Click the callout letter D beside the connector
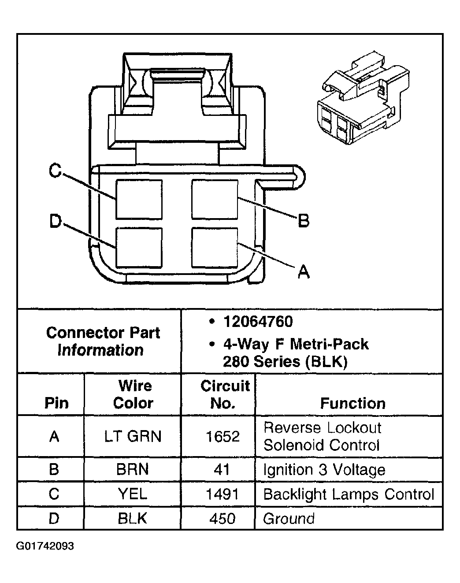(x=55, y=221)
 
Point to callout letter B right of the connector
(x=303, y=220)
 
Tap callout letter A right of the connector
(x=303, y=271)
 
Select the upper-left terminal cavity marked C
(x=139, y=199)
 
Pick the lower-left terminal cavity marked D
(x=139, y=247)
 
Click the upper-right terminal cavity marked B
(x=215, y=199)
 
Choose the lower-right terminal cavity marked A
(x=215, y=247)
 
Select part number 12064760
(x=258, y=322)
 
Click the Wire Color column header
(x=133, y=394)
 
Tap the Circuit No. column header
(x=224, y=394)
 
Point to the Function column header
(x=352, y=403)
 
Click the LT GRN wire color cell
(x=133, y=436)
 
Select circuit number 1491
(x=222, y=494)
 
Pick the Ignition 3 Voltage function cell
(x=324, y=470)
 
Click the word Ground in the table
(x=289, y=519)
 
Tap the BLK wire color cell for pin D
(x=132, y=519)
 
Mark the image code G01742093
(x=45, y=546)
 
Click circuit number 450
(x=222, y=519)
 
